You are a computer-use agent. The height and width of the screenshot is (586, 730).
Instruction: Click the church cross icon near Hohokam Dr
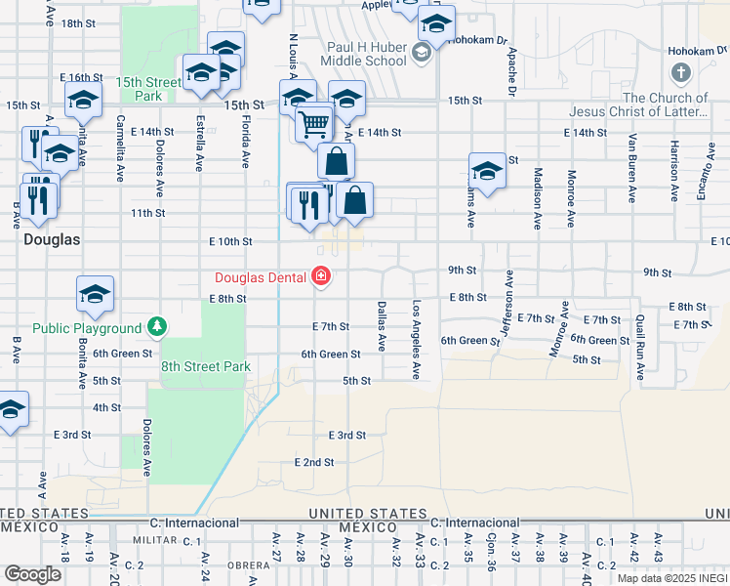point(680,73)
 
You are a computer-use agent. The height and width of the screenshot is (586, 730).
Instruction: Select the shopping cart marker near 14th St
point(314,124)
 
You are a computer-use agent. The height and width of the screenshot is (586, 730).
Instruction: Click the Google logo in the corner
point(32,574)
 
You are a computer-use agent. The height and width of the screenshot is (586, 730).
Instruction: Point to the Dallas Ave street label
point(382,326)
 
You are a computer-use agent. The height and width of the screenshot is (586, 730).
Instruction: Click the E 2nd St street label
point(313,461)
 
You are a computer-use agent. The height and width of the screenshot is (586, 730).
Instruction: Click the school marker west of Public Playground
point(96,294)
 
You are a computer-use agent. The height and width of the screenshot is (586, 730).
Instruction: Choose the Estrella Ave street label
point(199,145)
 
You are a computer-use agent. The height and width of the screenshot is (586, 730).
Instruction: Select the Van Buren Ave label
point(632,166)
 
